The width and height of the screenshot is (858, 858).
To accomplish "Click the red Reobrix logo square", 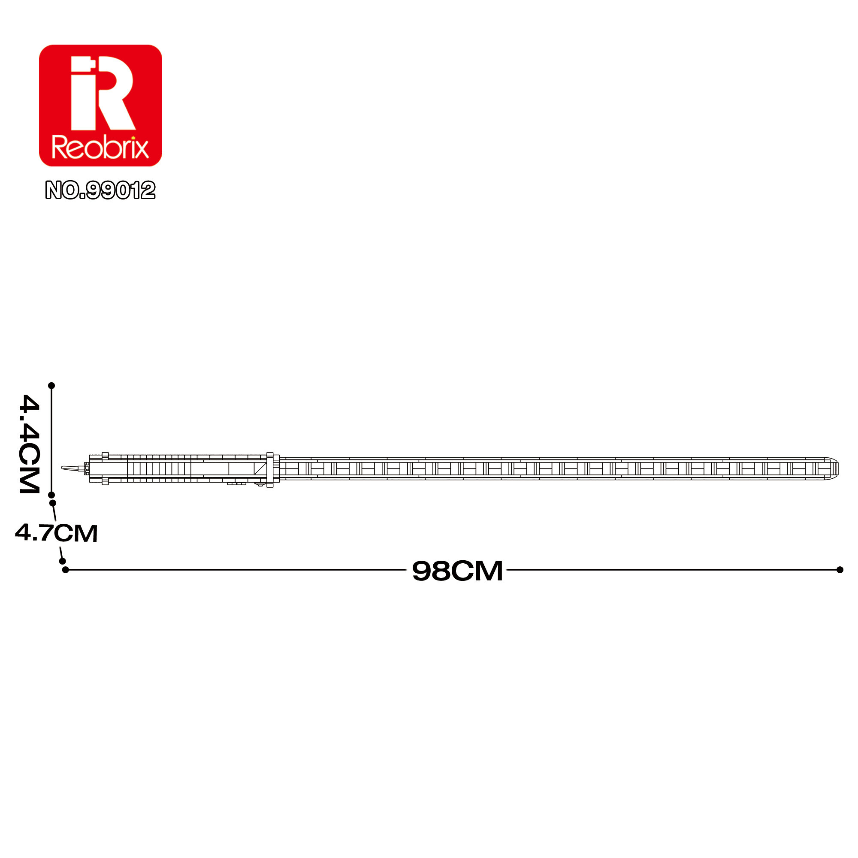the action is [x=100, y=106].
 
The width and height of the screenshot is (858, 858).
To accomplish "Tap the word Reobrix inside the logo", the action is [x=100, y=147].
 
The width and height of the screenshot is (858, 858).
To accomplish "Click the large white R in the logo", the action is [x=103, y=93].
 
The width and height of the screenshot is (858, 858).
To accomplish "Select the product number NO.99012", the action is [x=100, y=190].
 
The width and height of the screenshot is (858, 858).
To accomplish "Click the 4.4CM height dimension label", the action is [x=30, y=444].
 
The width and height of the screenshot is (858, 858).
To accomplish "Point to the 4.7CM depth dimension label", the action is [x=56, y=533].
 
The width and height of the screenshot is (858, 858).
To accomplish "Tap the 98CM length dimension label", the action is [x=457, y=571].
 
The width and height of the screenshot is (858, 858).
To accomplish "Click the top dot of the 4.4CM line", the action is [x=51, y=386].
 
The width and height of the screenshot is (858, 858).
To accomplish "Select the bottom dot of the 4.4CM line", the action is [x=51, y=495].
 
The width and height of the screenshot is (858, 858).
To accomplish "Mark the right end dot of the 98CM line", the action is [x=840, y=570].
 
